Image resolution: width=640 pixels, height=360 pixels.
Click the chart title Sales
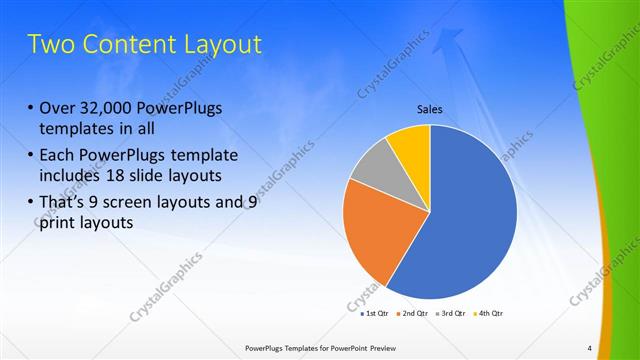pyautogui.click(x=430, y=110)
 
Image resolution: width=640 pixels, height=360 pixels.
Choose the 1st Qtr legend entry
pyautogui.click(x=375, y=313)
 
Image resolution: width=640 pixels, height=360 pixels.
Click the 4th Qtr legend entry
pyautogui.click(x=487, y=313)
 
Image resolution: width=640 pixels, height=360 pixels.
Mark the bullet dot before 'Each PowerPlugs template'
pyautogui.click(x=30, y=156)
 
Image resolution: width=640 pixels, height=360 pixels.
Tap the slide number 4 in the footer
pyautogui.click(x=589, y=348)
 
